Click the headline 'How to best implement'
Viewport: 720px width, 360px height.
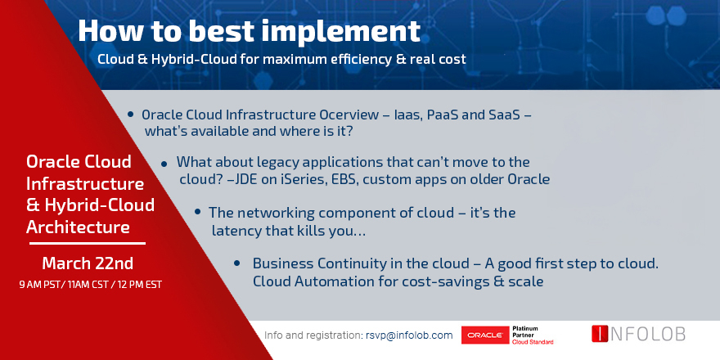250,31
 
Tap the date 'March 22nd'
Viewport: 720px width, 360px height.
88,263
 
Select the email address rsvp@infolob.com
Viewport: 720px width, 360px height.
409,335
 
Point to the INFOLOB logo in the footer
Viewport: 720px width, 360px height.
637,334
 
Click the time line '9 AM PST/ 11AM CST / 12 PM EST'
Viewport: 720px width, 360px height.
88,285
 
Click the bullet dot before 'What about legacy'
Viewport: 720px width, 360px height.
165,163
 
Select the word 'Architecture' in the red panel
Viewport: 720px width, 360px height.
77,225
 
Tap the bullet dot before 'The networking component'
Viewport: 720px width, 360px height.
198,212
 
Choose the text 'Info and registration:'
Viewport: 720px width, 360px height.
313,335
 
